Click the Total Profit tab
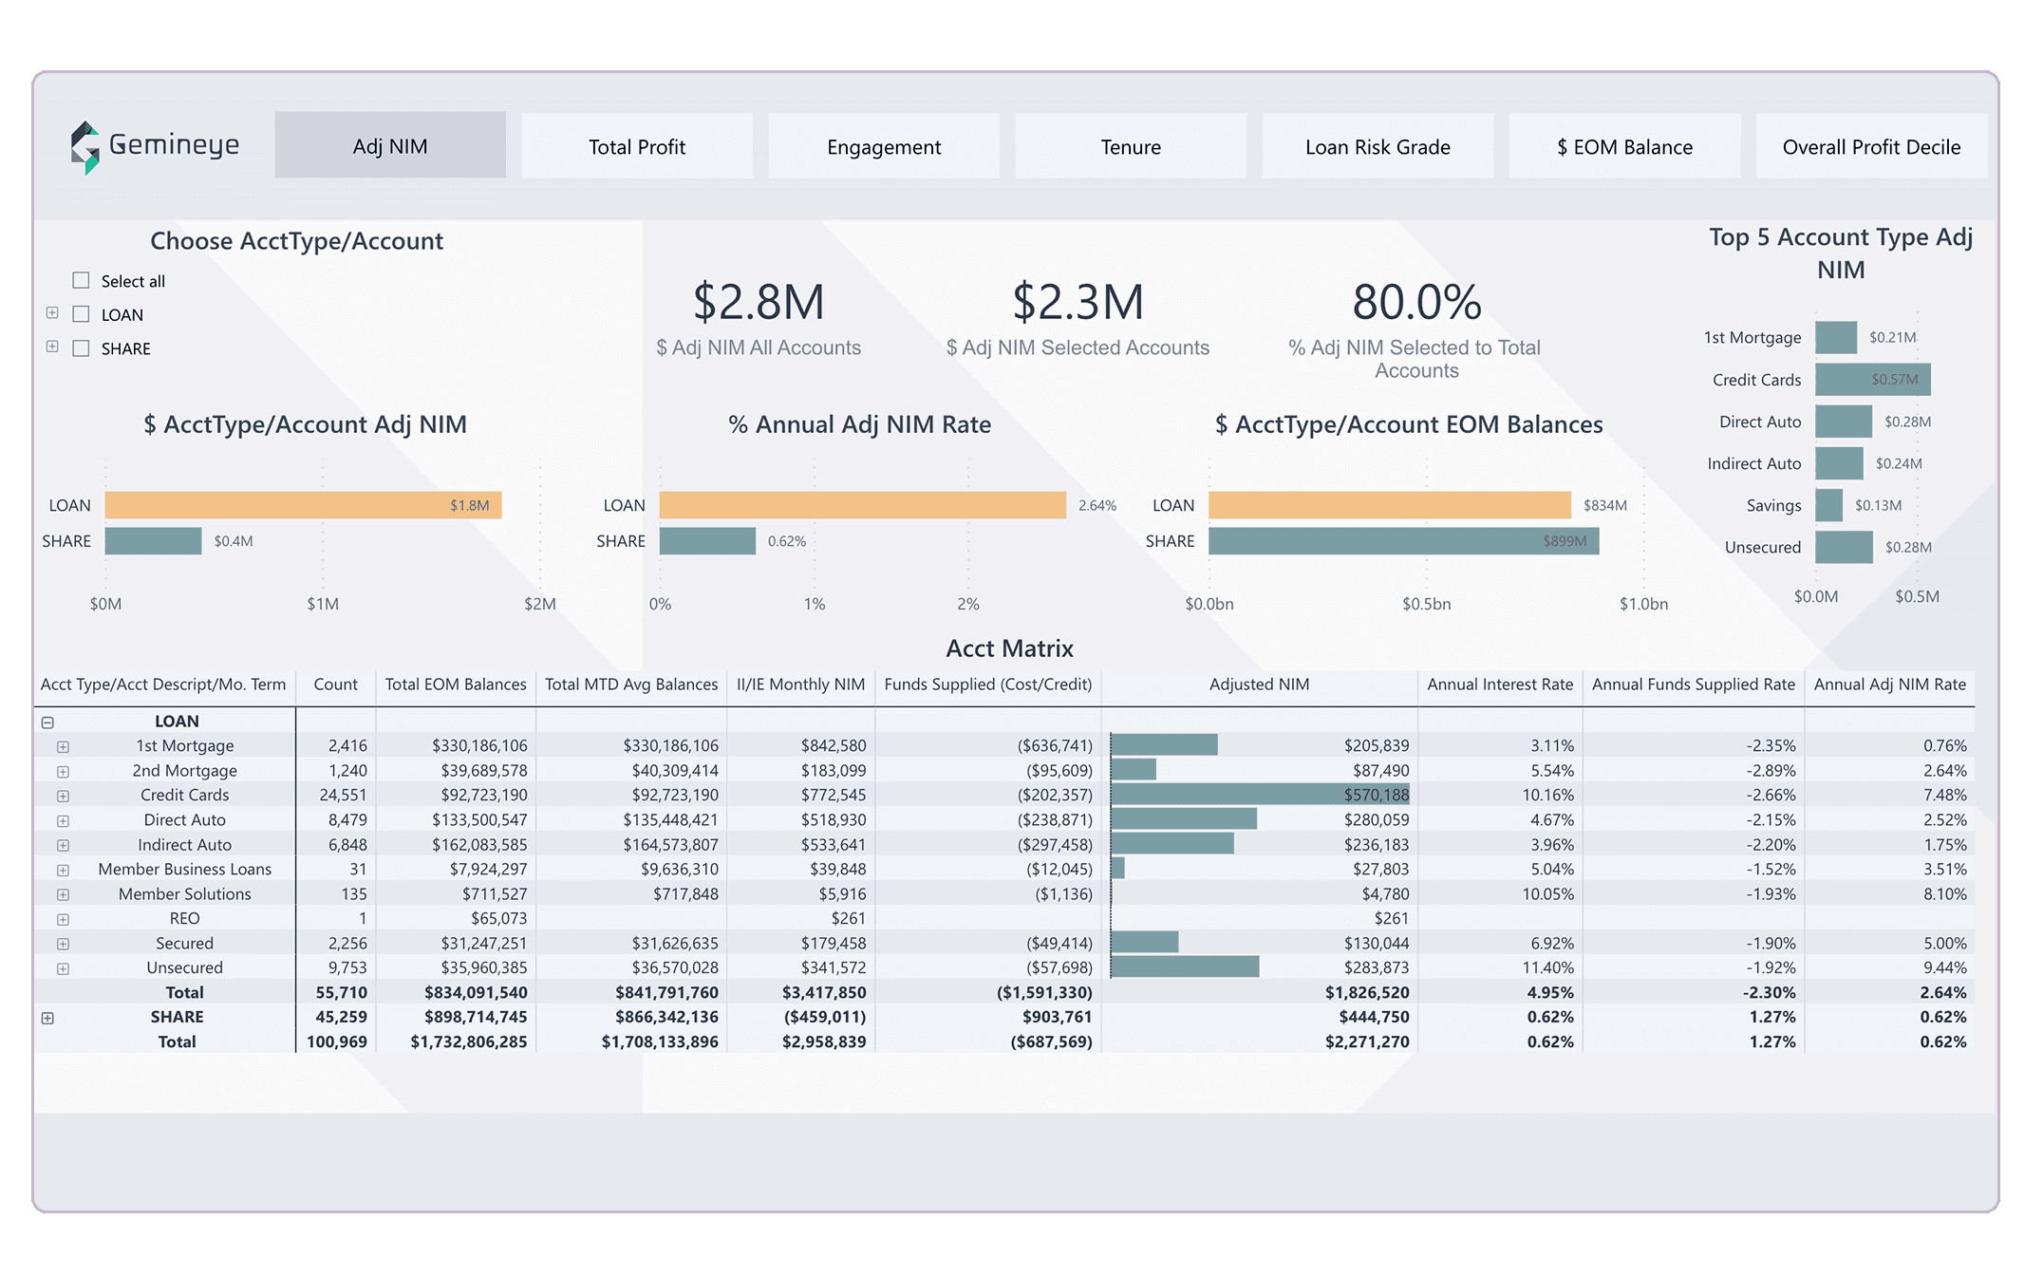coord(636,146)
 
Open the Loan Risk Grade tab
coord(1377,146)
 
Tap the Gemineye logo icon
coord(85,147)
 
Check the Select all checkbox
coord(81,280)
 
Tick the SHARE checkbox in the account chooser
coord(81,348)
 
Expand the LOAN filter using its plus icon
coord(52,313)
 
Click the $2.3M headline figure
coord(1078,302)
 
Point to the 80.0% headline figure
coord(1415,302)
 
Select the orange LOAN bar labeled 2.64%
coord(862,505)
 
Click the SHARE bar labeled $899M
coord(1403,541)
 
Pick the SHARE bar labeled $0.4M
coord(153,541)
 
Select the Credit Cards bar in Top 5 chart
coord(1872,380)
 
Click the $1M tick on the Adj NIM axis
coord(323,604)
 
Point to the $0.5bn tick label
coord(1426,604)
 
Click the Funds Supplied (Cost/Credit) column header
coord(987,685)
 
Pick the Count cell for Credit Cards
coord(342,795)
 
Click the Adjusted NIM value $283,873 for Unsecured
coord(1376,967)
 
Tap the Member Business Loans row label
coord(184,869)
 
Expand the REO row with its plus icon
coord(63,919)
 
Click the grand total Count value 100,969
coord(337,1041)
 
